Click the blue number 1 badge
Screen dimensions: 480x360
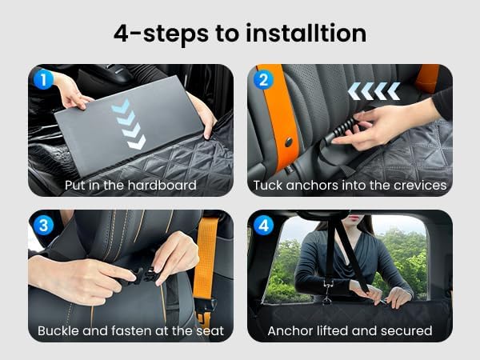(x=43, y=79)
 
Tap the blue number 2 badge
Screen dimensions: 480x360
(x=263, y=79)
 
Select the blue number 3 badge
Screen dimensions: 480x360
(x=43, y=226)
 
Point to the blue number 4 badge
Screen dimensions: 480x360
(x=263, y=226)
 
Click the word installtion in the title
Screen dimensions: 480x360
(x=306, y=33)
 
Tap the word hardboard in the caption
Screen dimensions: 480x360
(x=162, y=186)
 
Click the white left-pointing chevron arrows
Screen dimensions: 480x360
(x=374, y=91)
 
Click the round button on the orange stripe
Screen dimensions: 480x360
(x=288, y=142)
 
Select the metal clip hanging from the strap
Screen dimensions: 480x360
(x=327, y=292)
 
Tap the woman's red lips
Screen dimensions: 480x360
(x=354, y=218)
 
